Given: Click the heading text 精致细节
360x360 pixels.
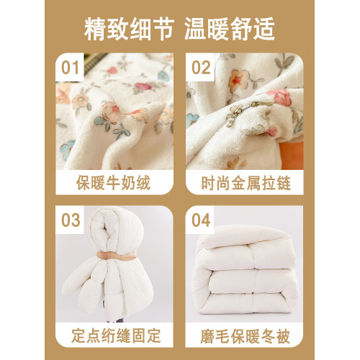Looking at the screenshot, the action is coord(129,29).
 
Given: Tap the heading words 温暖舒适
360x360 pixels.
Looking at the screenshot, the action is coord(230,29).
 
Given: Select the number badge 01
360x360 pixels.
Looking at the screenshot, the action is coord(70,68).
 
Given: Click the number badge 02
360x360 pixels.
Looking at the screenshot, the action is coord(201,68).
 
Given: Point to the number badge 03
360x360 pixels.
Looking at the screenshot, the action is coord(71,220).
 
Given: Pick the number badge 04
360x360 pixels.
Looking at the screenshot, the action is coord(201,220).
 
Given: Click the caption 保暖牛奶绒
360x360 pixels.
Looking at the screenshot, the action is coord(113,183).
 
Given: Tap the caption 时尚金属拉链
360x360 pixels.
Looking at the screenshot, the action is coord(246,183).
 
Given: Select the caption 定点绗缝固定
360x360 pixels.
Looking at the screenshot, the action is coord(116,336).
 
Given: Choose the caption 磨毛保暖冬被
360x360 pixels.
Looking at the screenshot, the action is coord(246,336).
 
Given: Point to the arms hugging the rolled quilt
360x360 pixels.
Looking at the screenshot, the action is coord(117,256).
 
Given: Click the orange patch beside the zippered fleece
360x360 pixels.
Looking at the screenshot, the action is coord(292,155).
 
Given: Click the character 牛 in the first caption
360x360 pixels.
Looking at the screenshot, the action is coord(113,183).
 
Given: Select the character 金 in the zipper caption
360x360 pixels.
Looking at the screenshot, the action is coord(238,183).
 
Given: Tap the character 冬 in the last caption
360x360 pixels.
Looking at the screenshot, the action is coord(268,336).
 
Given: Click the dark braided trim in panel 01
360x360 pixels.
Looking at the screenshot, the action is coord(94,61).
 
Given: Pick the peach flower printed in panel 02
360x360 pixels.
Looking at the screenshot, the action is coord(238,80).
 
